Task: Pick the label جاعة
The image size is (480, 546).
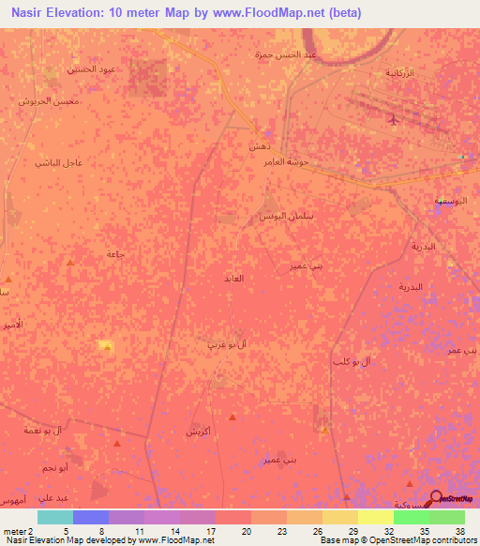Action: (x=116, y=254)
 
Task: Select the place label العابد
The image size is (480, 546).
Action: (x=233, y=279)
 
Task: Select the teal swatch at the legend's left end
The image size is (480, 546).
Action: (x=55, y=517)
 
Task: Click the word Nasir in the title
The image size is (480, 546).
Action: (x=30, y=13)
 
